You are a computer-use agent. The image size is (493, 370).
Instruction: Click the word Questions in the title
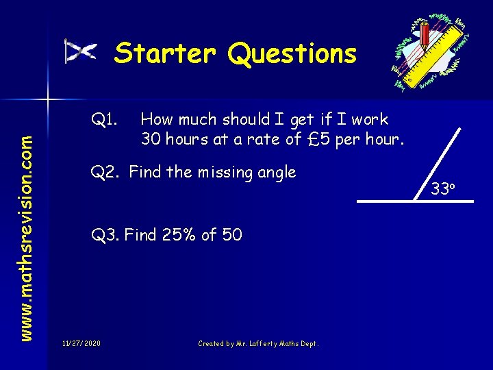coord(292,53)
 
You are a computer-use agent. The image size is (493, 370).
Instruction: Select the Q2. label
coord(107,172)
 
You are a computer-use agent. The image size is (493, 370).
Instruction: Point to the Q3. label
coord(106,235)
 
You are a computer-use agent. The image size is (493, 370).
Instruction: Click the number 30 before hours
coord(151,139)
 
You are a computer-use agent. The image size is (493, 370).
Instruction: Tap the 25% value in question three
coord(181,235)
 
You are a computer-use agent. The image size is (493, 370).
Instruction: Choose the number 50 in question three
coord(232,235)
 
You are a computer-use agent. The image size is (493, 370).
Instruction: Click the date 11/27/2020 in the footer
coord(81,343)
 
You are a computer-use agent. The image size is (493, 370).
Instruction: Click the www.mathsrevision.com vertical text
coord(26,216)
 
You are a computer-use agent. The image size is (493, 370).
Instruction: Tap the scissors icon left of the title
coord(81,51)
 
